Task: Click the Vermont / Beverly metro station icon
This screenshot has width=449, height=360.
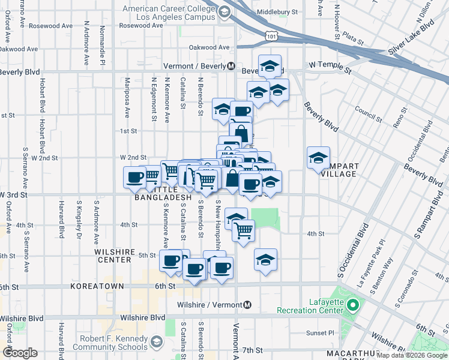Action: coord(231,67)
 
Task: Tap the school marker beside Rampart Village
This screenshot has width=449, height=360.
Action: coord(318,158)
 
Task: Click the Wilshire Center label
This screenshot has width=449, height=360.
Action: coord(113,256)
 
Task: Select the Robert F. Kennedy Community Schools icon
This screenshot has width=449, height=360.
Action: coord(156,342)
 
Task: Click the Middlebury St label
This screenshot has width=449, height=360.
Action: coord(277,12)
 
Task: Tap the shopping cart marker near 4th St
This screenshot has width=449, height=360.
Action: coord(243,229)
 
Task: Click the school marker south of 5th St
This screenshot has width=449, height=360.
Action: coord(265,259)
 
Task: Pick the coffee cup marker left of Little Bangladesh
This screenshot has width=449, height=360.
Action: coord(134,176)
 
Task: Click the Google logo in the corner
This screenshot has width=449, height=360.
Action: coord(20,353)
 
